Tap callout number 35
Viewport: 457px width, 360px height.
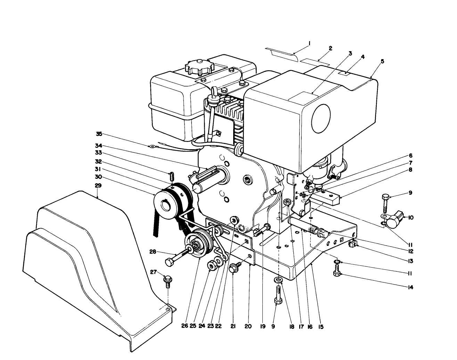point(99,134)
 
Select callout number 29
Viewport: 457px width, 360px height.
point(98,186)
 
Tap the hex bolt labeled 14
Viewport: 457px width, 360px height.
point(337,273)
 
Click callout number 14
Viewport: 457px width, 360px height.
point(410,287)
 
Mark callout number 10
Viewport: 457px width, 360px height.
point(411,218)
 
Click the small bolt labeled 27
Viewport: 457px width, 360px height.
point(168,280)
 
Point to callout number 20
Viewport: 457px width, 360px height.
point(248,327)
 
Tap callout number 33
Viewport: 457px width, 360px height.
point(98,153)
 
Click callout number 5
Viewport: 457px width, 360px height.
point(382,61)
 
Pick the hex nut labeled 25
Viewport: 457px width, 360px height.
point(211,266)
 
